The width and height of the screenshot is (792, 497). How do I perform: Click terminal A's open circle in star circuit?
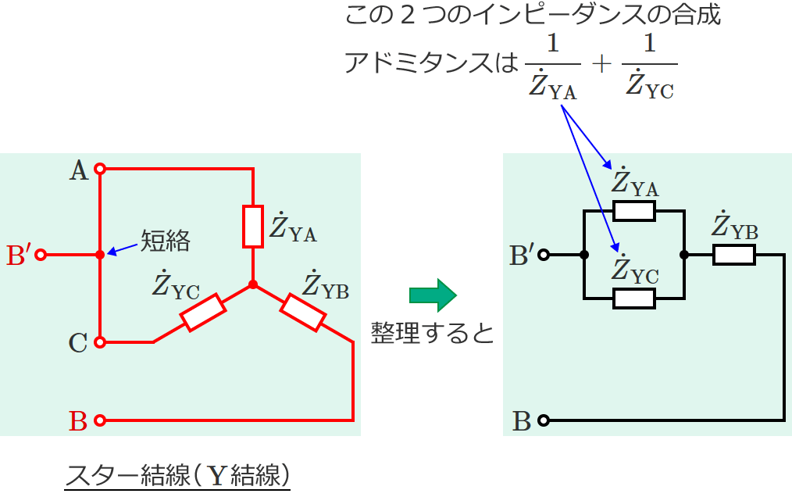(100, 168)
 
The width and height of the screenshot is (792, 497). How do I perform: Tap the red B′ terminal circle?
(41, 255)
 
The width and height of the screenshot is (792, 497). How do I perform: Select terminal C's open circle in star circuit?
(100, 341)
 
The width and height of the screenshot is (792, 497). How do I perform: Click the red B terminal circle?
(100, 420)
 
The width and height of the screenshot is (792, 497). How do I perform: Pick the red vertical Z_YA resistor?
(253, 227)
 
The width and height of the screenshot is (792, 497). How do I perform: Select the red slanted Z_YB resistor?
(303, 312)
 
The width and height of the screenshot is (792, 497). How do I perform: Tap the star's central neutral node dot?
(253, 285)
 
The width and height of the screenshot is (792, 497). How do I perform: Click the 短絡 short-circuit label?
(166, 241)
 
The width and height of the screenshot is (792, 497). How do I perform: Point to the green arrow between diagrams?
(432, 295)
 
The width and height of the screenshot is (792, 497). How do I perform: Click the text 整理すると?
(433, 334)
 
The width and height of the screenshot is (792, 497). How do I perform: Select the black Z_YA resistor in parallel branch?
(633, 210)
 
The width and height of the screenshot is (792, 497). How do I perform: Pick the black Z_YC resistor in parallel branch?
(633, 298)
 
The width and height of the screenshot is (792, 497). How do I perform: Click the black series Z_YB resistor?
(733, 255)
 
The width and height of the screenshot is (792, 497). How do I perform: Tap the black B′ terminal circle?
(544, 255)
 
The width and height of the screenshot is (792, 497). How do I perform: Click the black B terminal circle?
(544, 420)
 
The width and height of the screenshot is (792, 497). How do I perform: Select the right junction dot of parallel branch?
(684, 255)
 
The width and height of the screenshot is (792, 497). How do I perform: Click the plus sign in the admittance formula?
(601, 63)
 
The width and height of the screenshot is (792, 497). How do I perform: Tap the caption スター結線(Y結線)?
(177, 476)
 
